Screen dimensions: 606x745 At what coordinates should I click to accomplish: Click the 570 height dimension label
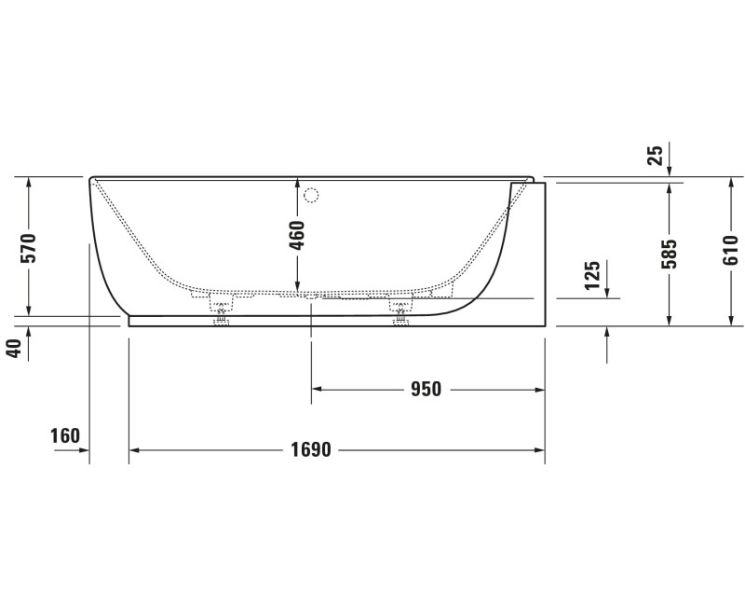(29, 248)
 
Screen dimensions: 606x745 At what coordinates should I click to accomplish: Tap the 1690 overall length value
(310, 450)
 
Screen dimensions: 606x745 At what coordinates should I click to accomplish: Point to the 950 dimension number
(426, 390)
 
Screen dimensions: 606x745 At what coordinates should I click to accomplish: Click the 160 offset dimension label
(65, 435)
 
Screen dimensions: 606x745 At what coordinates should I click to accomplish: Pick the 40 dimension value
(13, 348)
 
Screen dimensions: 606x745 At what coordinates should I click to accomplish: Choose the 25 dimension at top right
(656, 155)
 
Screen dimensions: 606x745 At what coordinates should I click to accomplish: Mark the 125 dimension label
(592, 276)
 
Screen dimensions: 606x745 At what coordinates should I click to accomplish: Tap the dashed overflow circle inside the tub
(312, 196)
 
